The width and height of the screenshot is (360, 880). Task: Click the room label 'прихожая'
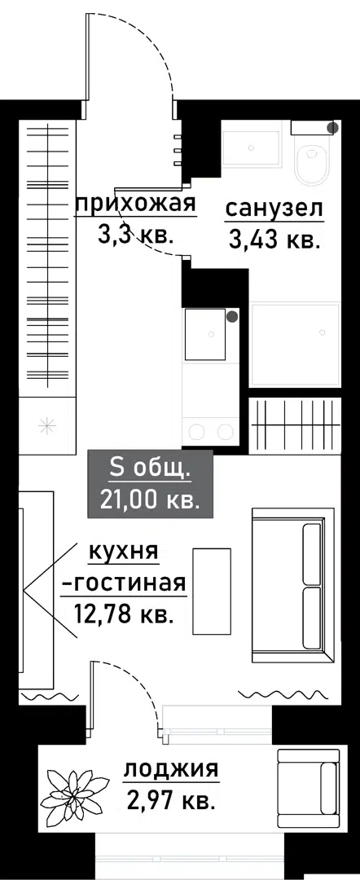pos(136,204)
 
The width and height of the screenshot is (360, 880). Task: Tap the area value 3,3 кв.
pos(134,235)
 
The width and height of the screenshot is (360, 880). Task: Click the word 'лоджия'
pos(171,769)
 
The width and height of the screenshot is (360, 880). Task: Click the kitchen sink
pos(204,333)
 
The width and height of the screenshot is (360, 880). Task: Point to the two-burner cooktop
pos(209,431)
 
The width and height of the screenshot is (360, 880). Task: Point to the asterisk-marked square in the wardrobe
pos(46,423)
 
